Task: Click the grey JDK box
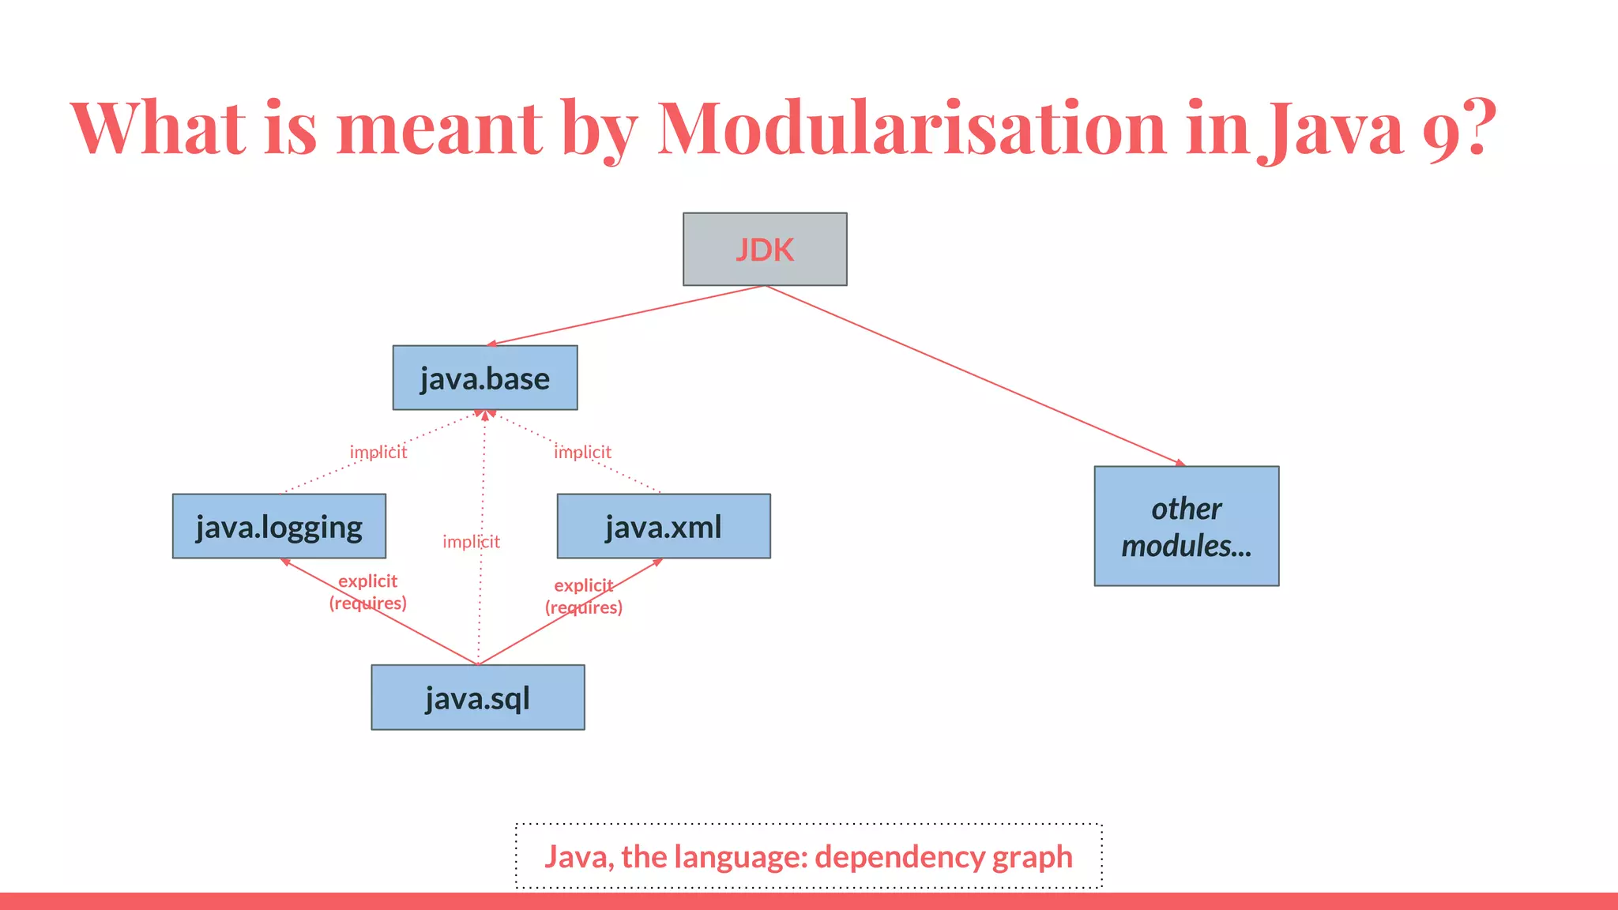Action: [765, 249]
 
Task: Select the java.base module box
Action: [485, 378]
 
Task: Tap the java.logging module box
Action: [279, 526]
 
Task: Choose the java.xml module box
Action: [664, 526]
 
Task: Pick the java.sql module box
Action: [478, 698]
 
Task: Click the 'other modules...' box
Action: [1186, 526]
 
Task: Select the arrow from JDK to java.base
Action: [624, 315]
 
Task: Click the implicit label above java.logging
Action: [378, 452]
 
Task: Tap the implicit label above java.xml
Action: [582, 452]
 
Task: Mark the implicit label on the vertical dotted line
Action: [471, 541]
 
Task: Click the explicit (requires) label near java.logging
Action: [368, 592]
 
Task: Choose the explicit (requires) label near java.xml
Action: [584, 596]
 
